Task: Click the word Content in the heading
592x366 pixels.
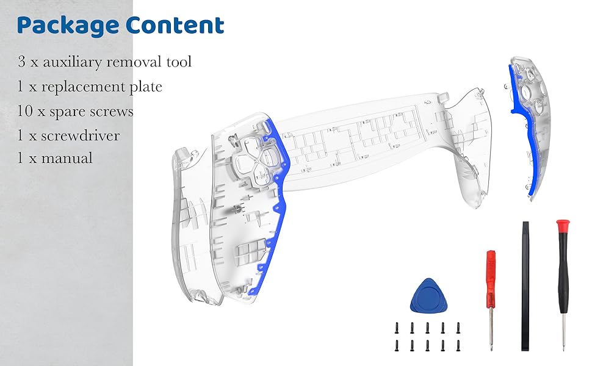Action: click(x=175, y=25)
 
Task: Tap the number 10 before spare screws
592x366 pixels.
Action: click(x=25, y=111)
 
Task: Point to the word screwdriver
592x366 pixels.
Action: click(x=81, y=136)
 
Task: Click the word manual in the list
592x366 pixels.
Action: click(x=67, y=158)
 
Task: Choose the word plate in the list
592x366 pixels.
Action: click(x=146, y=87)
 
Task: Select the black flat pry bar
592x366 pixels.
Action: click(x=525, y=286)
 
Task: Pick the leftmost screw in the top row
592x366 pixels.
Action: click(x=397, y=328)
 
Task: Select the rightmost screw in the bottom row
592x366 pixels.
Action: click(x=458, y=346)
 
